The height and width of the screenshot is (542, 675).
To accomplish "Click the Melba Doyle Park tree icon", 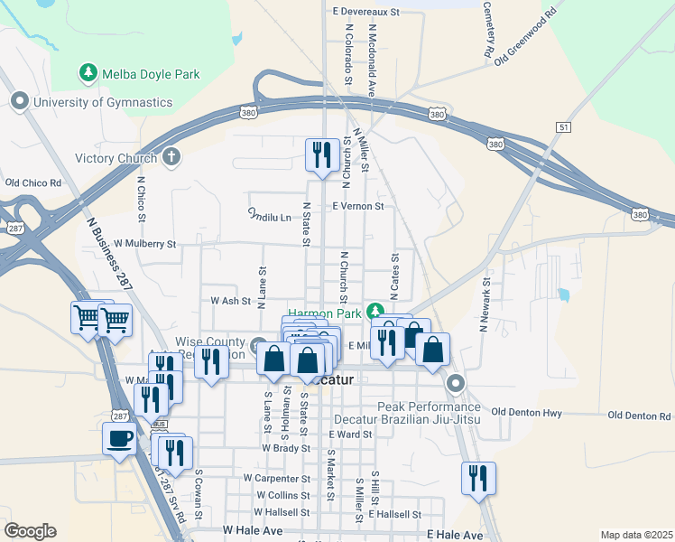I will (88, 71).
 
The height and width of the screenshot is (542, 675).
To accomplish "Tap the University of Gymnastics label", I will (102, 102).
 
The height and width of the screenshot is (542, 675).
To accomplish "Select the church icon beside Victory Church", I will (171, 158).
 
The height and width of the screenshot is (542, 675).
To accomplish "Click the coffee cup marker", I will (120, 440).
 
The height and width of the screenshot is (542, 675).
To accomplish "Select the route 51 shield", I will (563, 128).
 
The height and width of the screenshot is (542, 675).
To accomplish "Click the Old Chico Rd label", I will (32, 182).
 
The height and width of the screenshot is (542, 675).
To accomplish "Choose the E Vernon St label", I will (358, 206).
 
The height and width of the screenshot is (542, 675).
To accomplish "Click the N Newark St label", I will (485, 305).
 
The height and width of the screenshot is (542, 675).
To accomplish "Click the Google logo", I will (30, 531).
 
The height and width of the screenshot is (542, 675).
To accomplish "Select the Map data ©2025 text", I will (635, 535).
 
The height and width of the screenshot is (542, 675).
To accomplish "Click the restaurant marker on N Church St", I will (322, 155).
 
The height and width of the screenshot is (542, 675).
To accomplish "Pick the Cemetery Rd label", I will (489, 29).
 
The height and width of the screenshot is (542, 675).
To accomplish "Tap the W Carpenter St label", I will (277, 477).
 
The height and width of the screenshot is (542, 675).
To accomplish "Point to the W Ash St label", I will (229, 300).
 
